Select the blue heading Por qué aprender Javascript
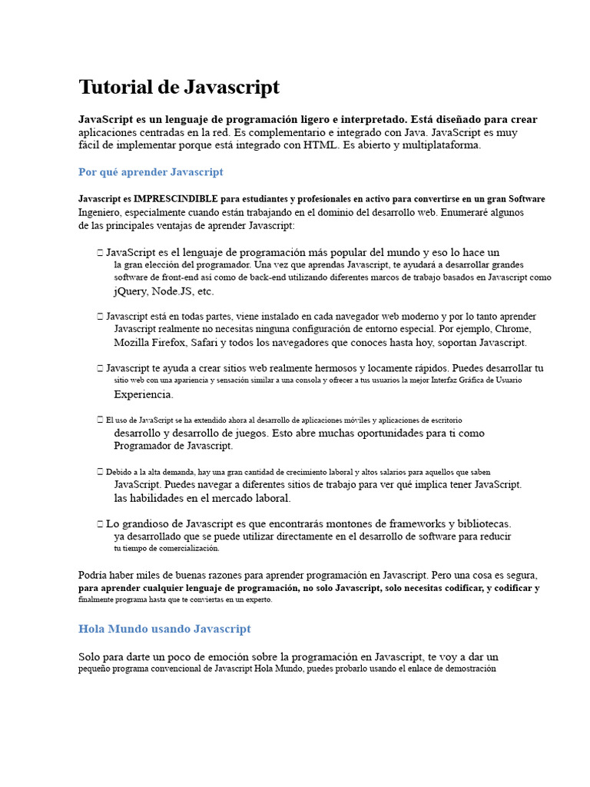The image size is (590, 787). tap(151, 171)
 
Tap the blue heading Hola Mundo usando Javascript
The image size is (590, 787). tap(164, 629)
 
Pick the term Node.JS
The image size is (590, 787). tap(172, 291)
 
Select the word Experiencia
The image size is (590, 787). tap(143, 394)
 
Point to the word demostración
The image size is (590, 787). tap(466, 669)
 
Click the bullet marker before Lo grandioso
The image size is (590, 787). tap(101, 523)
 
